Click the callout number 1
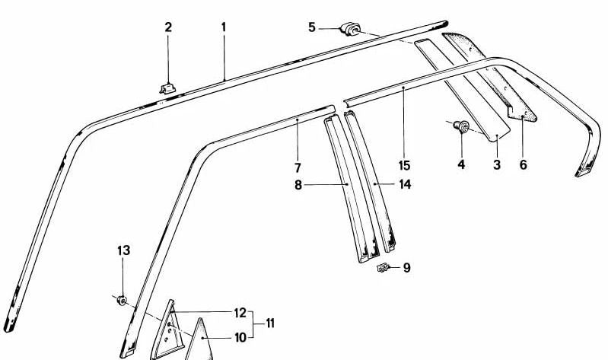pos(224,27)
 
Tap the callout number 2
pos(168,27)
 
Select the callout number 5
pos(312,28)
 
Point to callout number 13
pos(123,250)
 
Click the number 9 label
pos(407,268)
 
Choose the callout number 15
pos(403,164)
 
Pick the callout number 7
pos(298,167)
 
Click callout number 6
pos(523,164)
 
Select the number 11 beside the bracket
pos(269,323)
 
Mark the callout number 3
pos(496,164)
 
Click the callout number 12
pos(240,312)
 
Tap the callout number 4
pos(461,164)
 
